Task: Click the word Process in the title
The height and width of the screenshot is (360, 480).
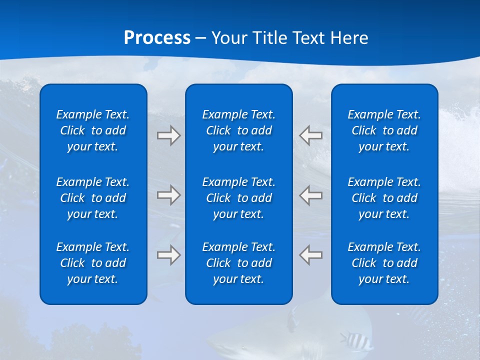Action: pyautogui.click(x=157, y=38)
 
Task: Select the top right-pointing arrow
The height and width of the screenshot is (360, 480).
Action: pyautogui.click(x=168, y=135)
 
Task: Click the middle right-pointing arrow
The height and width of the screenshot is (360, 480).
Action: pyautogui.click(x=168, y=195)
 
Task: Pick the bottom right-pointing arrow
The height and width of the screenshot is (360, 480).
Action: pyautogui.click(x=168, y=255)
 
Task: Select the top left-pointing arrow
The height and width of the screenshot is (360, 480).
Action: pyautogui.click(x=310, y=135)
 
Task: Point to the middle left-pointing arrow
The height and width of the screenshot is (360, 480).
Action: pyautogui.click(x=310, y=195)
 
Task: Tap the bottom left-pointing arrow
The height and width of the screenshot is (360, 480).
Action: pyautogui.click(x=310, y=255)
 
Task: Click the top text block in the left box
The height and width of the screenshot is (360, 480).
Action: pyautogui.click(x=93, y=130)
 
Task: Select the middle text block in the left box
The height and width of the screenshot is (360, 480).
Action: pyautogui.click(x=93, y=198)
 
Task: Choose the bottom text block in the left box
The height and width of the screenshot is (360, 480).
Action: pyautogui.click(x=93, y=263)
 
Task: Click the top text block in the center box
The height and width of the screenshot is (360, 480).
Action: pyautogui.click(x=238, y=130)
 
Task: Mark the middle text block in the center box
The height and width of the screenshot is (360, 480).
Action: pyautogui.click(x=238, y=198)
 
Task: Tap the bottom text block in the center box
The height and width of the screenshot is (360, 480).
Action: pyautogui.click(x=238, y=263)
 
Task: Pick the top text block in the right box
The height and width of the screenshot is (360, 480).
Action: pyautogui.click(x=384, y=130)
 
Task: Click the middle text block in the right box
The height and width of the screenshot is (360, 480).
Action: pyautogui.click(x=384, y=198)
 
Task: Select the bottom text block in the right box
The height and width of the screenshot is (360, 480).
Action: pyautogui.click(x=384, y=263)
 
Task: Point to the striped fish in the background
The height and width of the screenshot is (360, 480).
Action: pyautogui.click(x=356, y=341)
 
